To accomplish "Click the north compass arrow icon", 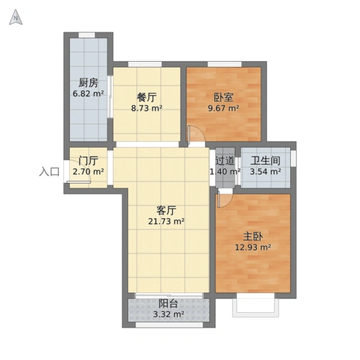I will (x=15, y=19).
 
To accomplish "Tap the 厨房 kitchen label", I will (x=89, y=82).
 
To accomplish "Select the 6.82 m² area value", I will (x=89, y=94).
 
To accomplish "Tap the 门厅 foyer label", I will (x=89, y=161).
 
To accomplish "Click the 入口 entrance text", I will (x=49, y=172).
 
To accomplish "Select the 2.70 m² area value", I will (x=89, y=173).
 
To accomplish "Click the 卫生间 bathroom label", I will (x=266, y=161).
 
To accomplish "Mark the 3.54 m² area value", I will (x=266, y=173).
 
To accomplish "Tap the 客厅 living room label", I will (x=167, y=210).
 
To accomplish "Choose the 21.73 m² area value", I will (x=167, y=222).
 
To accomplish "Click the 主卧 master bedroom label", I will (x=253, y=235).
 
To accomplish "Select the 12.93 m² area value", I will (x=253, y=247).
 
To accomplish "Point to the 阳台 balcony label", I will (x=169, y=303).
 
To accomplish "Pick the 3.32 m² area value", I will (x=169, y=314).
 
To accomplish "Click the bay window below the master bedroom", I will (x=255, y=305).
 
